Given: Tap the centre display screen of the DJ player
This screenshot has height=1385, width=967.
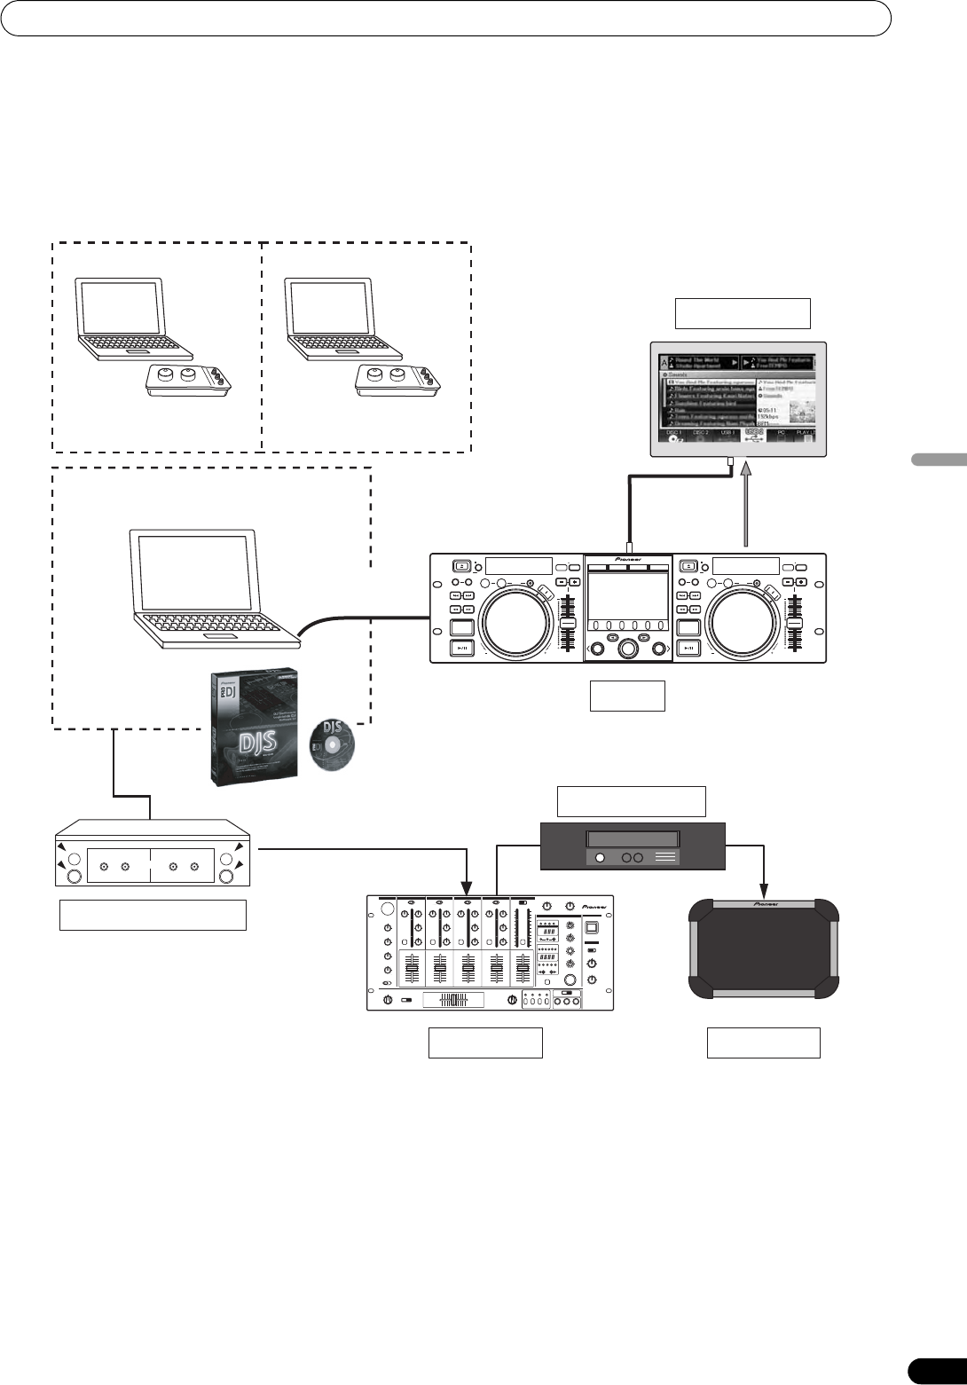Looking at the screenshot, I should (x=627, y=594).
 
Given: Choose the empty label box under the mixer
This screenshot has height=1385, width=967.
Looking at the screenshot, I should (x=485, y=1043).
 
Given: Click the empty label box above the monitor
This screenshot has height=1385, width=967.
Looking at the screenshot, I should (x=743, y=314).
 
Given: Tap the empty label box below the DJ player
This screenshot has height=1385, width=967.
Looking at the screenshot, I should (x=627, y=696).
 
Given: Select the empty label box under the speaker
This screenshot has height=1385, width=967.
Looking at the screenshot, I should (x=763, y=1043).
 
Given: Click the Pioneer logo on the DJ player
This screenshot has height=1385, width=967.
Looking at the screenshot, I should (x=628, y=561).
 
